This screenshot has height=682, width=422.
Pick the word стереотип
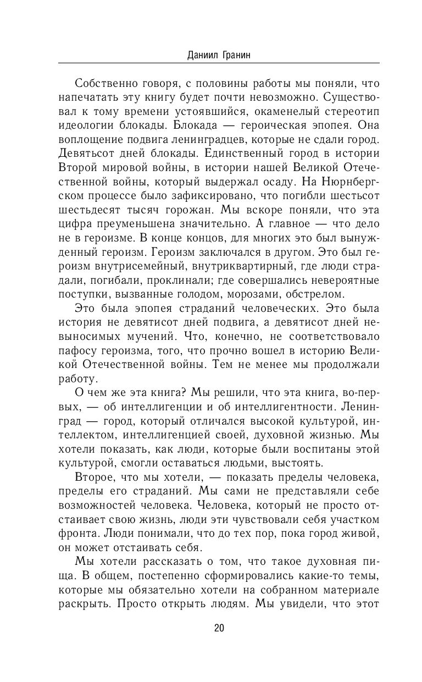[x=353, y=112]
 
